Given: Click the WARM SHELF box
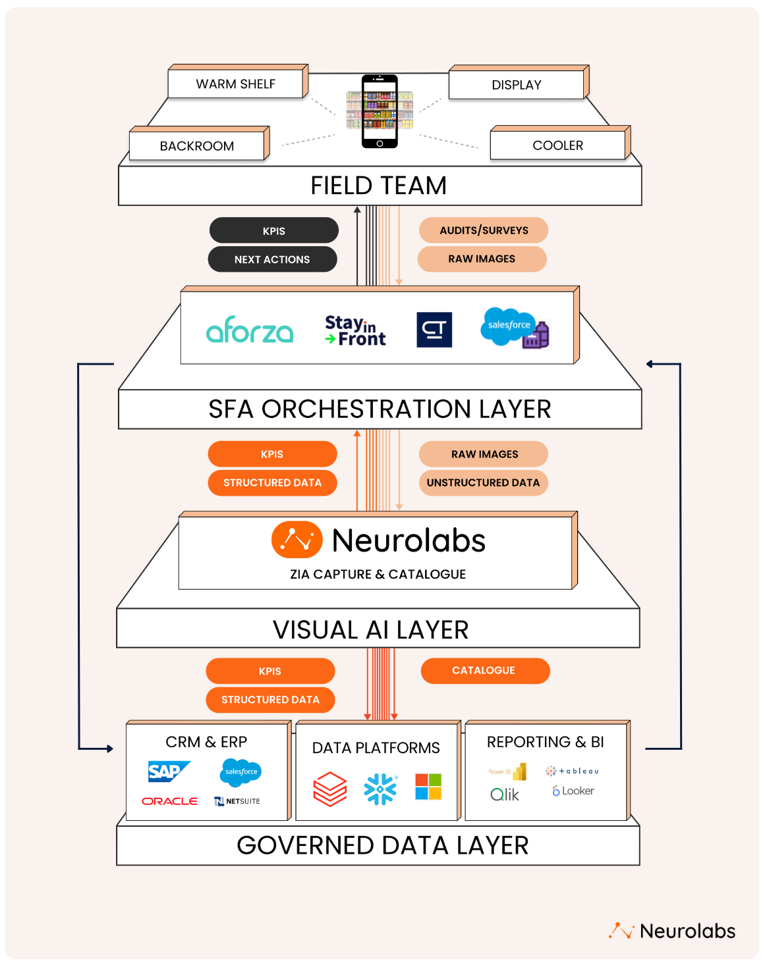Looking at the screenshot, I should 235,84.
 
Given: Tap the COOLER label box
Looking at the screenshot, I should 557,145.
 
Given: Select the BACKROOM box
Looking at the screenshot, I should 196,146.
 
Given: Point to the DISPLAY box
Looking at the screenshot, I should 516,85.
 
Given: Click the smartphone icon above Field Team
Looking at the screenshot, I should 380,111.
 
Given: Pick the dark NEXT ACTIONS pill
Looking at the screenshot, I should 272,259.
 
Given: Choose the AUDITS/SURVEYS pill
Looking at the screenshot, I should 484,230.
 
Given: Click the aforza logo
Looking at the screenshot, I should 250,330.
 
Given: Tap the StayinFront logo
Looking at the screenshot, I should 355,330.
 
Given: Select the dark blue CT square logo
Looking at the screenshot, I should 434,330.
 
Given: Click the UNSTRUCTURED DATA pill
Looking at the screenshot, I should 483,482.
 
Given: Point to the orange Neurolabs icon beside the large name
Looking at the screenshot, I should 297,540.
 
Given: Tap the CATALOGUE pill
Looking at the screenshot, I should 484,671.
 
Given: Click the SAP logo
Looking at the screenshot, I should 168,771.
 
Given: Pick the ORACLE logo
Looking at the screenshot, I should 170,801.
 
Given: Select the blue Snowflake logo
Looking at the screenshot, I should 380,789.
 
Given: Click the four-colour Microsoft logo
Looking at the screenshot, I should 428,787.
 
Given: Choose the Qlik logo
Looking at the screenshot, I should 505,795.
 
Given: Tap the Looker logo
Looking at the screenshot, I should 573,791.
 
